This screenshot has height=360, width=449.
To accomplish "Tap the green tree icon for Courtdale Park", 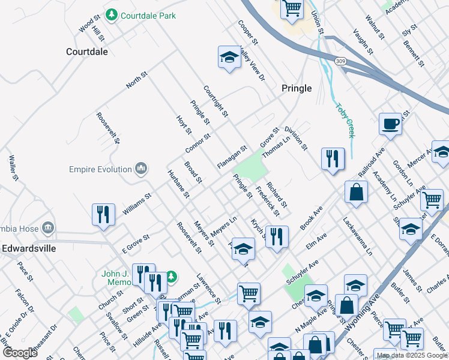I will (x=111, y=14).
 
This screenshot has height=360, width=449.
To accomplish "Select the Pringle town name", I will (x=297, y=88).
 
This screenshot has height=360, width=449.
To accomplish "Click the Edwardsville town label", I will (x=29, y=247).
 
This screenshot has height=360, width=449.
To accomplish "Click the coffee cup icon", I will (x=390, y=124).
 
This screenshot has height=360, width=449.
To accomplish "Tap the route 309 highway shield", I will (x=341, y=61).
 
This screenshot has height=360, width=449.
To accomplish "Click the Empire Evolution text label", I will (x=100, y=169).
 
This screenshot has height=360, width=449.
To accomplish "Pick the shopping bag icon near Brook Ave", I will (x=356, y=192).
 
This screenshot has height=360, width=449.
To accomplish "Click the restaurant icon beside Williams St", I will (x=103, y=215).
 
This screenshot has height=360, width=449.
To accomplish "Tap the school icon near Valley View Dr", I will (x=229, y=57).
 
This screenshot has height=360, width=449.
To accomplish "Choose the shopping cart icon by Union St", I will (x=291, y=8).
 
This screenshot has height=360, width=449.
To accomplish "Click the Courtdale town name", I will (x=87, y=52).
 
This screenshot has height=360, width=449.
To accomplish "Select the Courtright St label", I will (x=215, y=101).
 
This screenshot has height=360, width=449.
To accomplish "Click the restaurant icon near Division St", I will (x=333, y=159).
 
